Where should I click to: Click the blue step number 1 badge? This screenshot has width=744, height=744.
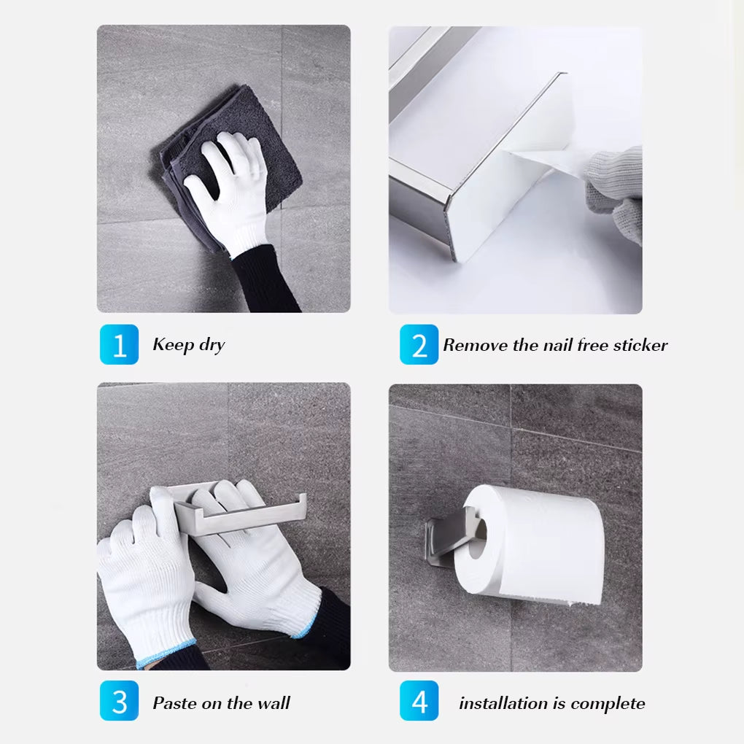pyautogui.click(x=119, y=344)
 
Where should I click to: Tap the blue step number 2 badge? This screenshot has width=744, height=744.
pyautogui.click(x=419, y=344)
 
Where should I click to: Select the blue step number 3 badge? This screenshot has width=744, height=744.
pyautogui.click(x=119, y=702)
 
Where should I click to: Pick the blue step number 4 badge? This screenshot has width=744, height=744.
pyautogui.click(x=419, y=702)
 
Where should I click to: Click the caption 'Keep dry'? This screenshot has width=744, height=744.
pyautogui.click(x=188, y=345)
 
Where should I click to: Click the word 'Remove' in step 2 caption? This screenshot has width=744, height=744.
pyautogui.click(x=475, y=345)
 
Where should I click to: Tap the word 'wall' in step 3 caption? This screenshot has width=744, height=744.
pyautogui.click(x=273, y=703)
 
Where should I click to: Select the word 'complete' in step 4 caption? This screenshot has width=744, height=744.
pyautogui.click(x=608, y=703)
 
